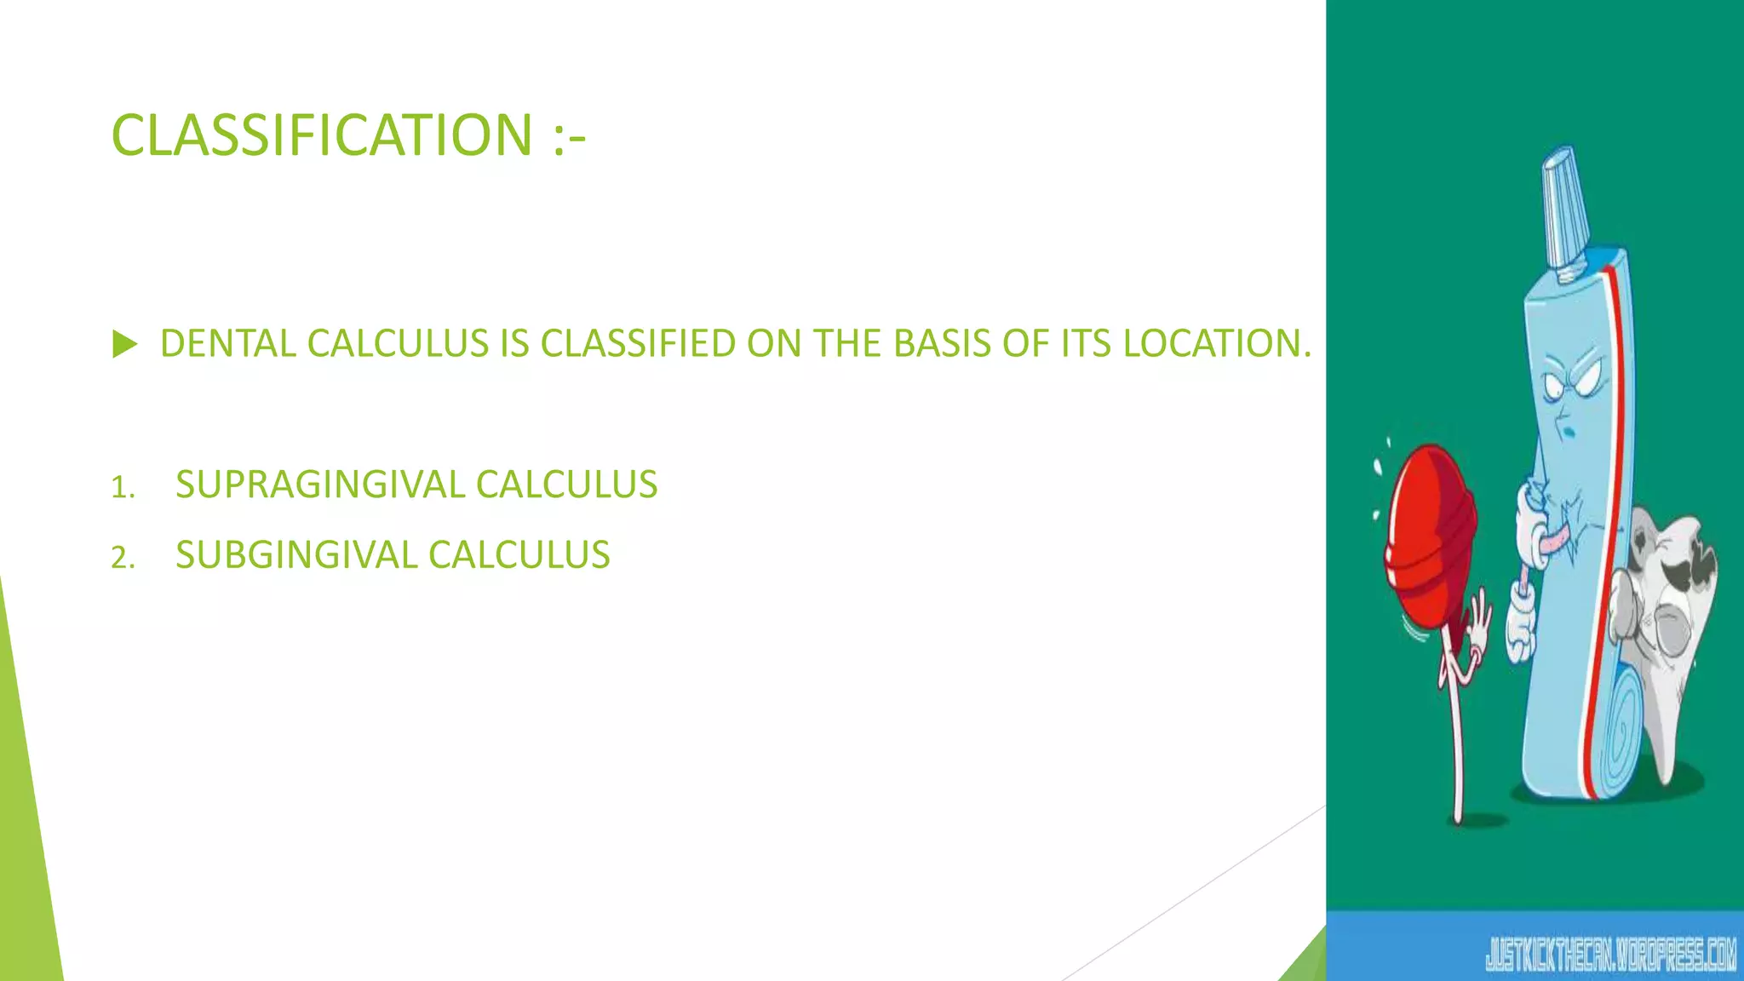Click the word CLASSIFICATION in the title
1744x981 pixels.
[x=322, y=136]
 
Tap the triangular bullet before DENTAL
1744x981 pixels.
[x=124, y=345]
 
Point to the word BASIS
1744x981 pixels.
[x=942, y=344]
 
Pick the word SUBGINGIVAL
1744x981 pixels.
[x=296, y=555]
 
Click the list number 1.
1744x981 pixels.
[x=122, y=488]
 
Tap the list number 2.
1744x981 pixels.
[x=122, y=559]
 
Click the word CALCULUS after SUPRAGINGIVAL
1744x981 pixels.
[x=566, y=485]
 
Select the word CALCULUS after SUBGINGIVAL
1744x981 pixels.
[x=519, y=555]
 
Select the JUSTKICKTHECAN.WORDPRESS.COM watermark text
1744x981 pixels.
[x=1610, y=955]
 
